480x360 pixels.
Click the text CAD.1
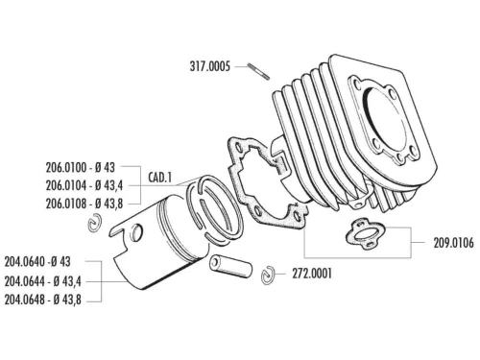160,178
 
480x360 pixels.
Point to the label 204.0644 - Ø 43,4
48,280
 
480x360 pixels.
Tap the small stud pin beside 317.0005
259,69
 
